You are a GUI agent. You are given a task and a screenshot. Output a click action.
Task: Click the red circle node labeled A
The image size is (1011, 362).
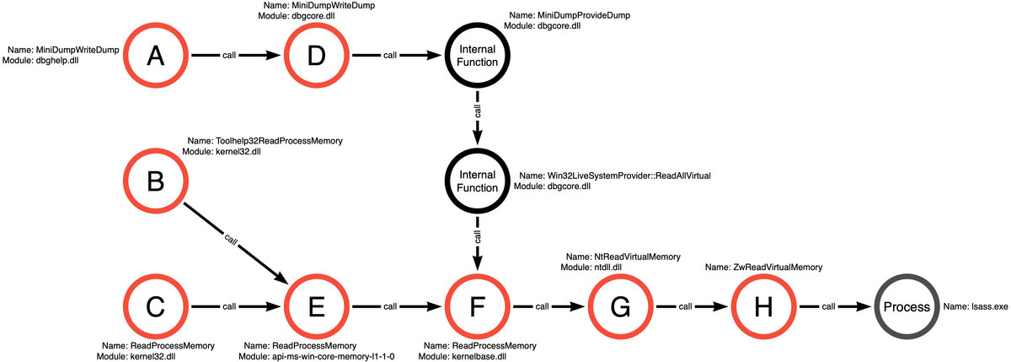coord(154,56)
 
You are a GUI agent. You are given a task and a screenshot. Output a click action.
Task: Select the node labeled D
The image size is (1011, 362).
coord(316,56)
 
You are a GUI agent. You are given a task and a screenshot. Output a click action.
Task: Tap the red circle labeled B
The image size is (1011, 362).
coord(154,181)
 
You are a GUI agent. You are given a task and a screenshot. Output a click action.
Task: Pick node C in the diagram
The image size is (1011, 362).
coord(154,307)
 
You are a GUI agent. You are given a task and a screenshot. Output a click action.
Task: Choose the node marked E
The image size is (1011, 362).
coord(316,307)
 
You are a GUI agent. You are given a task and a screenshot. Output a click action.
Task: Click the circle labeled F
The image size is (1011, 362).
coord(478,307)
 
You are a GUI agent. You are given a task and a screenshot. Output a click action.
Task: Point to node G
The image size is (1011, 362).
coord(620,307)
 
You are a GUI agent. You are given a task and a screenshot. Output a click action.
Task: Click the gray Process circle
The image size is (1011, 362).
coord(907,307)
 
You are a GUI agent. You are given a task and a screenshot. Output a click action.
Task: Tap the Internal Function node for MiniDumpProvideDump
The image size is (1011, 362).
coord(478,56)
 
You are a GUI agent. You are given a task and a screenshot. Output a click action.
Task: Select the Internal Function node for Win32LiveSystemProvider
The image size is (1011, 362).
coord(478,181)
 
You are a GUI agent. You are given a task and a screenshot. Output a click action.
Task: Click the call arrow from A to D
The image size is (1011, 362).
coord(235,56)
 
